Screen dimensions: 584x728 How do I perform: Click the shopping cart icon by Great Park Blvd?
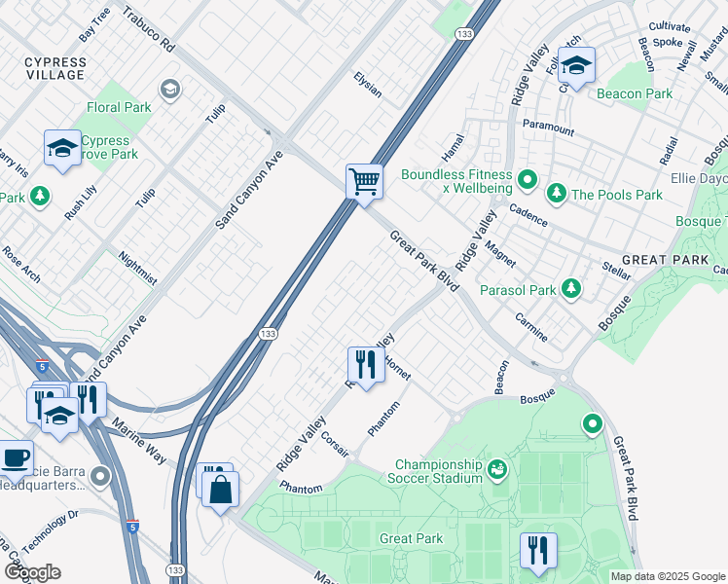click(x=364, y=180)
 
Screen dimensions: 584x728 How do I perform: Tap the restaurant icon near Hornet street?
click(x=364, y=364)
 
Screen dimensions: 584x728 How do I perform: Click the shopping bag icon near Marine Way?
click(x=221, y=490)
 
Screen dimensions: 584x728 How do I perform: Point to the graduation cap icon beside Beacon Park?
click(x=576, y=66)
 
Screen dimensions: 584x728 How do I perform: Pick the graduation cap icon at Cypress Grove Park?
click(x=62, y=149)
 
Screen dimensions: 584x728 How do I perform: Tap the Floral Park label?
click(x=119, y=107)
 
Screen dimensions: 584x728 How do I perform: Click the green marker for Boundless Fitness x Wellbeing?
click(x=527, y=179)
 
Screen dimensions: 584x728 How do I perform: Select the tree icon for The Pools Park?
click(x=556, y=194)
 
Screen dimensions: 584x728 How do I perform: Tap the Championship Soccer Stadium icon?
click(x=497, y=470)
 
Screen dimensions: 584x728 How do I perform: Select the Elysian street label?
click(x=368, y=86)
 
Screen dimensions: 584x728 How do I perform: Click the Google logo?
click(x=31, y=572)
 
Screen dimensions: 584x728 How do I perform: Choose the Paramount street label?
click(x=548, y=126)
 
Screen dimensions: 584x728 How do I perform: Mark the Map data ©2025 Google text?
click(x=667, y=576)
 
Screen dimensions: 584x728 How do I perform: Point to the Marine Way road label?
click(x=135, y=440)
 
